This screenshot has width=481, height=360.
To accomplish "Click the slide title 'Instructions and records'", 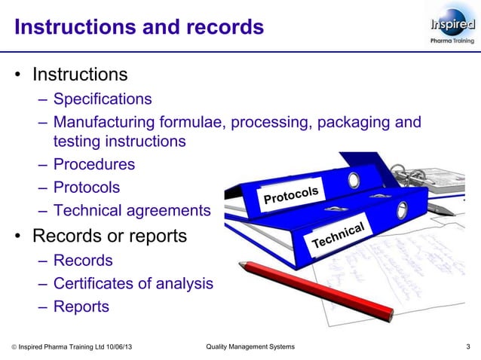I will [139, 28].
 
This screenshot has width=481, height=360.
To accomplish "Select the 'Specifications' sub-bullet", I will [102, 99].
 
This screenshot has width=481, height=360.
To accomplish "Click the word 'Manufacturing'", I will [101, 122].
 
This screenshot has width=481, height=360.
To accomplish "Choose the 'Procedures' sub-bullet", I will [93, 164].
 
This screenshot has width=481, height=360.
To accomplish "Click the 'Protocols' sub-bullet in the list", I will [86, 187].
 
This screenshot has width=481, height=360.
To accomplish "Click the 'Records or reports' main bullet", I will [109, 236].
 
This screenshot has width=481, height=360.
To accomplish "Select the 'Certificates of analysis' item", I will [133, 284].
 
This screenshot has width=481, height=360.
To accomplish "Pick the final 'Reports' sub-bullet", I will [81, 307].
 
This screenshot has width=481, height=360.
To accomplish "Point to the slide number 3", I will [468, 346].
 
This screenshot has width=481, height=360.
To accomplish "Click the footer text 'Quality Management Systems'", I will [250, 346].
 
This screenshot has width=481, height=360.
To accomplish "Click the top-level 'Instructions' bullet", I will [79, 75].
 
